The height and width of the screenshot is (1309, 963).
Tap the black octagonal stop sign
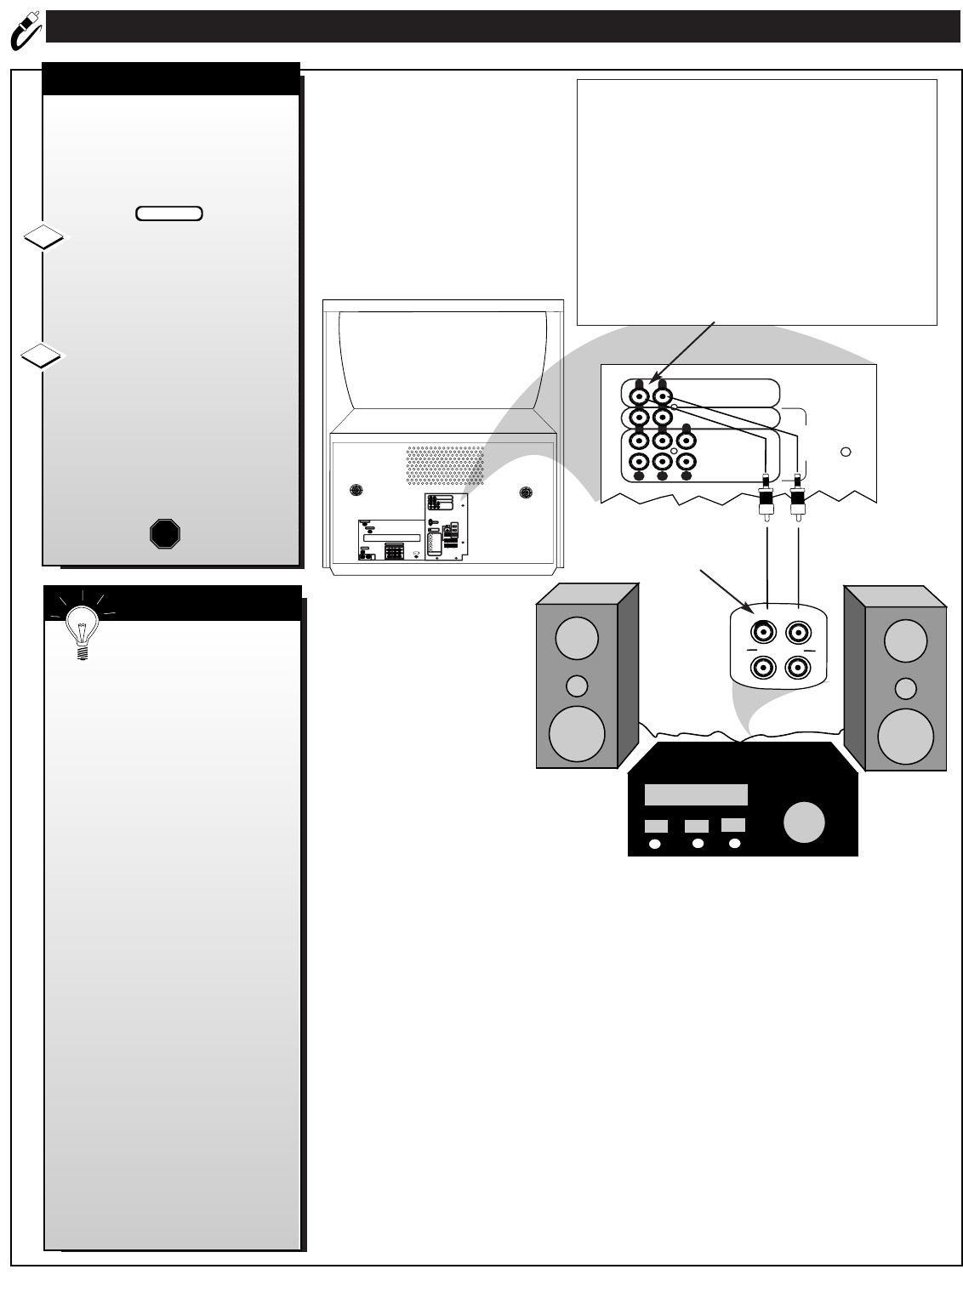point(165,533)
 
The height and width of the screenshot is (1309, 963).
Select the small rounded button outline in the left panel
point(168,213)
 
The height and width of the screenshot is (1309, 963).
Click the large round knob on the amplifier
point(804,822)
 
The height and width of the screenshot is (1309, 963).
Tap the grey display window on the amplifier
point(696,794)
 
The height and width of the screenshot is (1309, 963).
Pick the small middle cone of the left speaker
point(577,686)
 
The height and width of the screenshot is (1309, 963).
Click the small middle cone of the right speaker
point(906,688)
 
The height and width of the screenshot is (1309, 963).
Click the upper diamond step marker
point(43,239)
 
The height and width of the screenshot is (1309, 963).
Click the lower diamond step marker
point(43,356)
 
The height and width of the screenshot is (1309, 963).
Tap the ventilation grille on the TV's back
point(443,464)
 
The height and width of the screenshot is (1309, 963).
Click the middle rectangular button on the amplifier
point(697,826)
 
